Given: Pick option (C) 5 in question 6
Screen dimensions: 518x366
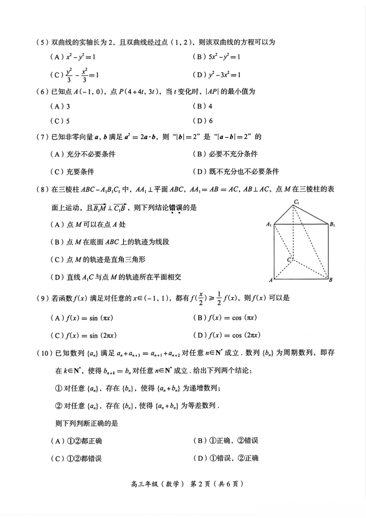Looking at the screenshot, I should coord(60,121).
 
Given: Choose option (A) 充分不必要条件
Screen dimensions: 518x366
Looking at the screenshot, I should coord(83,154).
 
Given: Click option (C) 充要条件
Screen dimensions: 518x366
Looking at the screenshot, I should coord(72,172).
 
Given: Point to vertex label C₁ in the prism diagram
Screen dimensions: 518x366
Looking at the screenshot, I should coord(296,202).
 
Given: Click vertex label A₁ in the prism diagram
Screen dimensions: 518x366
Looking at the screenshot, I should coord(269,224).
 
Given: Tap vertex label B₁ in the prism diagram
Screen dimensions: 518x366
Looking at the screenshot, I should coord(332,224).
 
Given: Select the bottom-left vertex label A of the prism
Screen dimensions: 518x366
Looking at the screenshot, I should coord(271,280).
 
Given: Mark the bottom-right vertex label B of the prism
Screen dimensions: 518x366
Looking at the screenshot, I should coord(330,280).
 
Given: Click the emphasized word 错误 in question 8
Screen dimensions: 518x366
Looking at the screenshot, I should coord(176,208).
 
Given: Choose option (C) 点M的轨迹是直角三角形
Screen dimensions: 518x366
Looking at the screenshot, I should coord(98,260).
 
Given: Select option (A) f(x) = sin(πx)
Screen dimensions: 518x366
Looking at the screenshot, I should coord(82,318).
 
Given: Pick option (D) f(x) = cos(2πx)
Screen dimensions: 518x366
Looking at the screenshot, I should coord(227,335).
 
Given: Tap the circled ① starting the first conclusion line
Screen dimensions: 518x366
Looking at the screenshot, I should coord(58,388).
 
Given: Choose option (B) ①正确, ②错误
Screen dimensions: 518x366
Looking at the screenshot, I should coord(226,441).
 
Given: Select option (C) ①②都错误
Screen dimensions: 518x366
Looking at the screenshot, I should coord(76,459).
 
